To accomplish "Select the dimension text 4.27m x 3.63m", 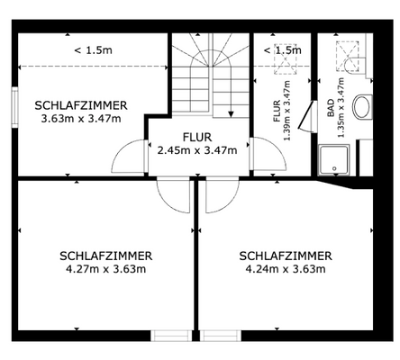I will click(106, 267).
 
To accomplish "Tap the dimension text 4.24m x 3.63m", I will click(286, 267).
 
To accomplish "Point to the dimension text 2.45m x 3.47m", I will click(196, 149).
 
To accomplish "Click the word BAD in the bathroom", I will click(331, 110).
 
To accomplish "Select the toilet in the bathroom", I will click(363, 106).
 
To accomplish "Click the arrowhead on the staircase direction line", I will click(232, 114).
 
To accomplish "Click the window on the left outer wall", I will click(15, 106).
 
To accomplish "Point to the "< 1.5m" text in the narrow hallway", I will click(282, 50).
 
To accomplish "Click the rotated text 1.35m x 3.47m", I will click(341, 106).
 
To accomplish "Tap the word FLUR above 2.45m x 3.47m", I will click(196, 137).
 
